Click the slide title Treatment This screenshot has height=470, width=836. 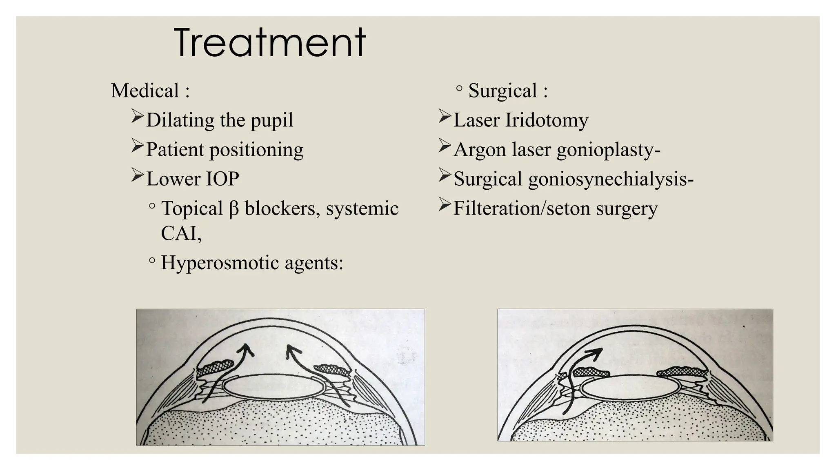269,43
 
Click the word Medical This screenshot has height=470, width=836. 145,91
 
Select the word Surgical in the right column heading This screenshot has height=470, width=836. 502,91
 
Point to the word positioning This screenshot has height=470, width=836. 256,150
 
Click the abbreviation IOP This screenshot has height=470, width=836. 222,179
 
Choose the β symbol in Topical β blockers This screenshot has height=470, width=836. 233,209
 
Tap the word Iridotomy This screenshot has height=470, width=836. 547,120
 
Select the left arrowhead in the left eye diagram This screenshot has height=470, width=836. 246,349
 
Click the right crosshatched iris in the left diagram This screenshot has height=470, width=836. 333,369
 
